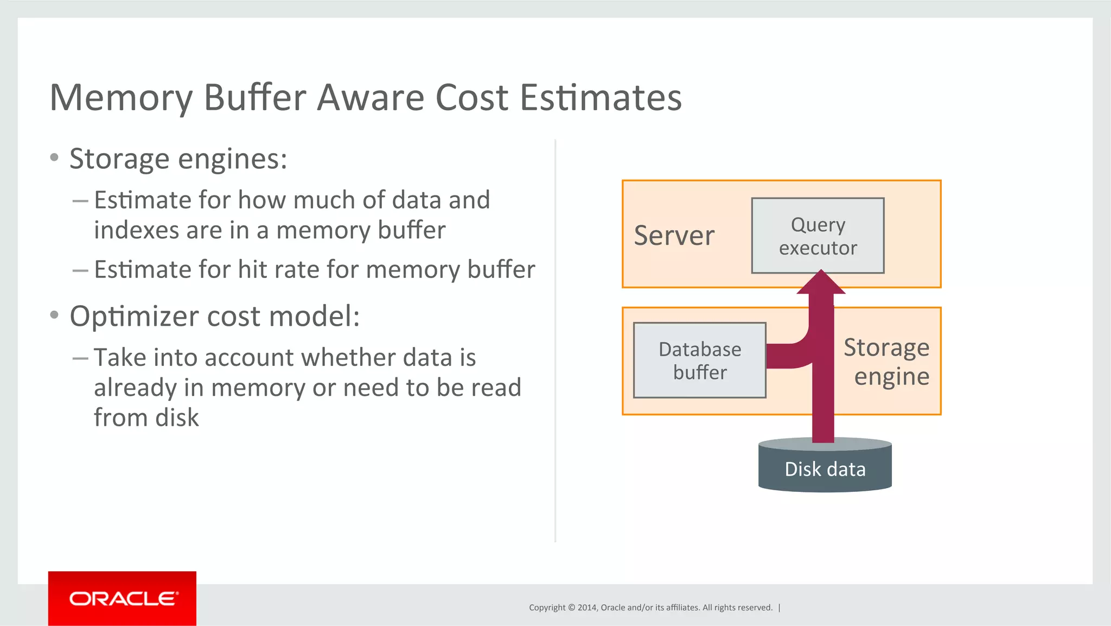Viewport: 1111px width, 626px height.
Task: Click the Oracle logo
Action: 123,598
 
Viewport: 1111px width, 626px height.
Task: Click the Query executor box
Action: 818,236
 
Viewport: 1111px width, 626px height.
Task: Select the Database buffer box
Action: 699,361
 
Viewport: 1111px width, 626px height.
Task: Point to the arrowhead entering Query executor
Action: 821,282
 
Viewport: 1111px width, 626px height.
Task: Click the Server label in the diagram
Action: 674,236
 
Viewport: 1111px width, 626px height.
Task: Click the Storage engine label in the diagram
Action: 886,362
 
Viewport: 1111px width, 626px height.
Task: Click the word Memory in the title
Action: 121,98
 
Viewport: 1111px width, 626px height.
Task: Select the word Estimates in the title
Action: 601,98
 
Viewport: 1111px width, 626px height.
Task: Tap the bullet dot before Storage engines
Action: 54,158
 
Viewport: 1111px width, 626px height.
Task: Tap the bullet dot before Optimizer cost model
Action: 54,315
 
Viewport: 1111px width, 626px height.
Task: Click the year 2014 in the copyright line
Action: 587,608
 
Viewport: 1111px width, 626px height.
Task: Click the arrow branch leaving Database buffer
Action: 787,356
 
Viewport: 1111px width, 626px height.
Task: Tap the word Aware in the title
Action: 371,98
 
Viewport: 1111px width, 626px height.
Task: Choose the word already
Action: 135,388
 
